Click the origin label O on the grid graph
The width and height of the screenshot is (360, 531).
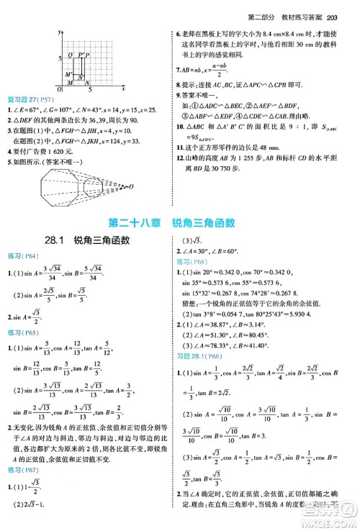[60, 88]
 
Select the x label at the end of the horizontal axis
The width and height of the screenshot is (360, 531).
[123, 88]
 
